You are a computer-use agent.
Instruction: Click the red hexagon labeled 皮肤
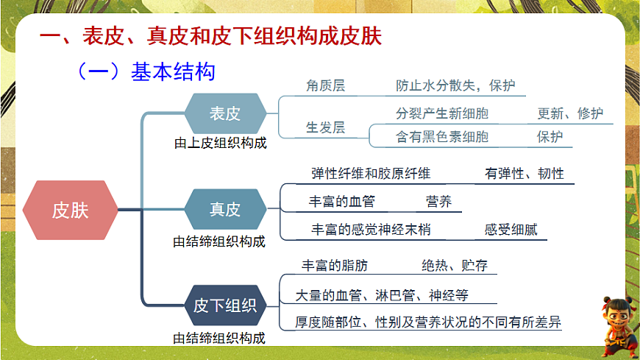tap(70, 210)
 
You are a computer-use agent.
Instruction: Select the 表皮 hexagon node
tap(225, 113)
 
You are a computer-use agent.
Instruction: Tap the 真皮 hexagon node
tap(225, 209)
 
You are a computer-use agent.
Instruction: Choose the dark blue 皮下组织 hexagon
tap(225, 306)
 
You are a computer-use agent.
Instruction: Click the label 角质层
tap(326, 85)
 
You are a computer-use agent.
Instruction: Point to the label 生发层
tap(326, 127)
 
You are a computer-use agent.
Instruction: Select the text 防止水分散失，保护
tap(455, 85)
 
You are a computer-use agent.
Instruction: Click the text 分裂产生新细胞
tap(442, 113)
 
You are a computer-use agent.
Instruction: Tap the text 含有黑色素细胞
tap(442, 136)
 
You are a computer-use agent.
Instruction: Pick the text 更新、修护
tap(570, 113)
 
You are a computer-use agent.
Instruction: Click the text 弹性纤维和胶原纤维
tap(371, 173)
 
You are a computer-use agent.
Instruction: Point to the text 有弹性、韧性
tap(525, 173)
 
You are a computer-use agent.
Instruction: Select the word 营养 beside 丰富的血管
tap(438, 202)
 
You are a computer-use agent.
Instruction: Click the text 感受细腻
tap(511, 229)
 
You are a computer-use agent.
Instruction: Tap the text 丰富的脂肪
tap(335, 266)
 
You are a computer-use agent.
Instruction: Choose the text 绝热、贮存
tap(455, 266)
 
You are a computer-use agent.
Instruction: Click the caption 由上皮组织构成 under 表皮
tap(221, 143)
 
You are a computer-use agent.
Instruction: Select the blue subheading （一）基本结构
tap(146, 71)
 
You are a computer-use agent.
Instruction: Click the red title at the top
tap(210, 36)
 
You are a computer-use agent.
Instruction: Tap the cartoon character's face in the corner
tap(616, 316)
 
